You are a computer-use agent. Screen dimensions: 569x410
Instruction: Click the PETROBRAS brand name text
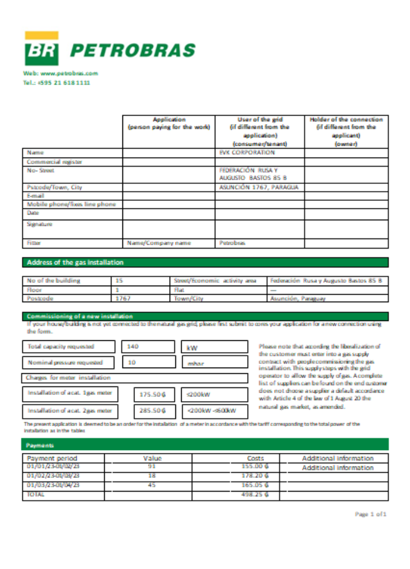pyautogui.click(x=132, y=51)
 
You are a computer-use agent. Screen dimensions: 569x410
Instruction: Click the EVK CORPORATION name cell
pyautogui.click(x=247, y=152)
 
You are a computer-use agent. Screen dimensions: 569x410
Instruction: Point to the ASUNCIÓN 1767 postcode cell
pyautogui.click(x=259, y=187)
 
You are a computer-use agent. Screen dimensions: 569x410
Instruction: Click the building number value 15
pyautogui.click(x=119, y=281)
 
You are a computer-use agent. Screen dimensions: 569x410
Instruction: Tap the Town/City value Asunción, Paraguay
pyautogui.click(x=298, y=298)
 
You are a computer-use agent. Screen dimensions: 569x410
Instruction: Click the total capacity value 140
pyautogui.click(x=133, y=346)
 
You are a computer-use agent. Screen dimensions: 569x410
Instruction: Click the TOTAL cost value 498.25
pyautogui.click(x=255, y=495)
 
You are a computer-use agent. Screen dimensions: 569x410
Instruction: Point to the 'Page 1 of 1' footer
pyautogui.click(x=371, y=514)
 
